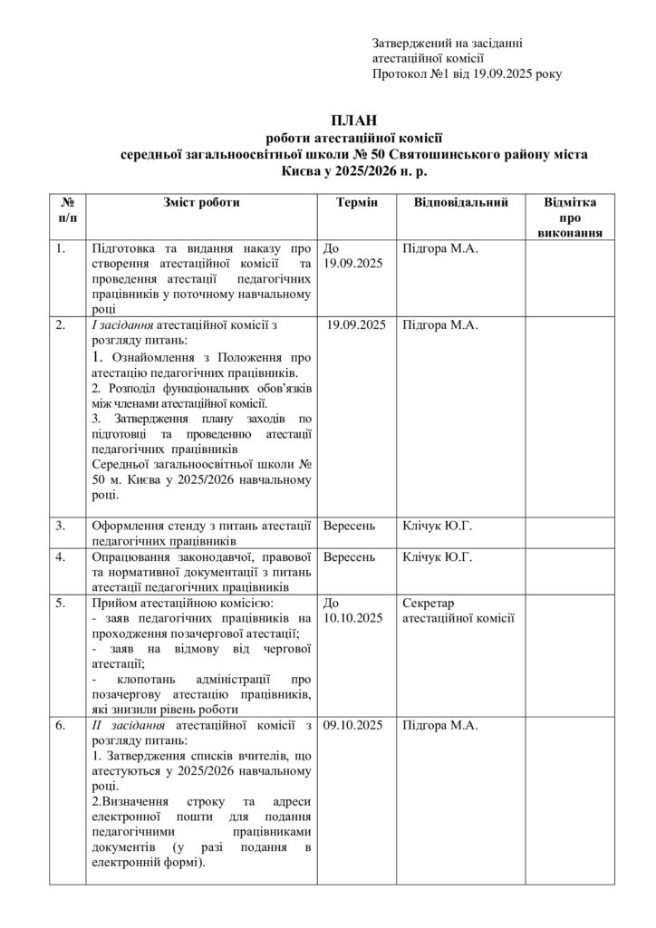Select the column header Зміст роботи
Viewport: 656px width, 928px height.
(x=201, y=202)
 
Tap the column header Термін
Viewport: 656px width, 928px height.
(x=357, y=202)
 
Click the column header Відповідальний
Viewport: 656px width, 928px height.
(x=460, y=202)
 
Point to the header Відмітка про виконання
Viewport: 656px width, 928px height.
(x=570, y=217)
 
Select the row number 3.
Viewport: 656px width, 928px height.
(x=61, y=525)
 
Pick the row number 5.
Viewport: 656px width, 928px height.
(x=61, y=602)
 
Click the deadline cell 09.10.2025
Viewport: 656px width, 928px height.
(x=353, y=726)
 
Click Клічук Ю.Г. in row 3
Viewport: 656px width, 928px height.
(x=437, y=525)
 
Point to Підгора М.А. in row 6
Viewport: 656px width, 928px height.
(x=439, y=726)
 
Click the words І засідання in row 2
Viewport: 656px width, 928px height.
(x=123, y=325)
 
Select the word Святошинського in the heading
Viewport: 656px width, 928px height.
(x=436, y=155)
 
